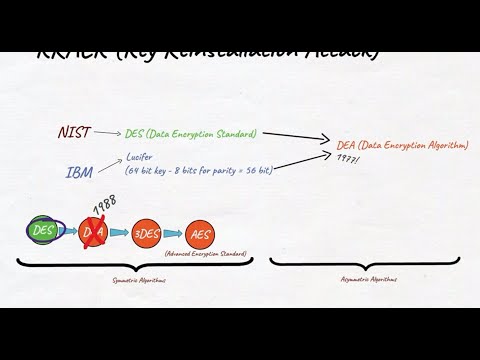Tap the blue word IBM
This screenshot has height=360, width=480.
point(80,172)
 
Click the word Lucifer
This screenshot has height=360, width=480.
point(140,156)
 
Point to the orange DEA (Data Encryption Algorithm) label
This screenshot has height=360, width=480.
point(399,145)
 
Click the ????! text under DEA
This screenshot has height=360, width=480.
point(348,159)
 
